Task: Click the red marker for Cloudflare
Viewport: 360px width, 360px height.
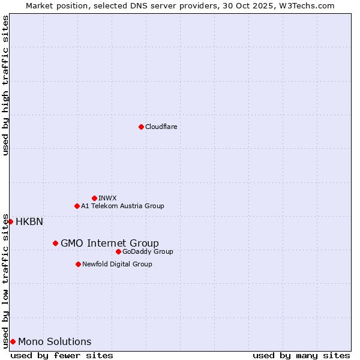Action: tap(141, 127)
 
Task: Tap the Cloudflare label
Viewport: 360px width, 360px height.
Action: tap(161, 127)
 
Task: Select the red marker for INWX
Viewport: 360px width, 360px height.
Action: tap(94, 198)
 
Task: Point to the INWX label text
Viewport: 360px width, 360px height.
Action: tap(107, 198)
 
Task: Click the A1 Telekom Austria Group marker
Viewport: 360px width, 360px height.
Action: tap(77, 206)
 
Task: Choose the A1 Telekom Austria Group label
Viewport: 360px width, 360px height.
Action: tap(122, 206)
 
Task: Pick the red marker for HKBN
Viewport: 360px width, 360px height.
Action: tap(10, 221)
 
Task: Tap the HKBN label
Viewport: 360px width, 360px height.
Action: tap(29, 221)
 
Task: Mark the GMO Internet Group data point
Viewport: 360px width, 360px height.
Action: tap(55, 243)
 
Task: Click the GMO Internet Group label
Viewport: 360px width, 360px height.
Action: tap(110, 243)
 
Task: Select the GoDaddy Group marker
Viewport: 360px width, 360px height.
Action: tap(118, 251)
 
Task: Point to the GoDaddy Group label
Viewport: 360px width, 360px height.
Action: tap(148, 251)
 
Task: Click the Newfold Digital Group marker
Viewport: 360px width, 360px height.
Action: tap(78, 264)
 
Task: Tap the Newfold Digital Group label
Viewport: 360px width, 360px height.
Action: tap(117, 264)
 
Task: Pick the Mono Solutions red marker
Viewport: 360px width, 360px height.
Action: tap(13, 341)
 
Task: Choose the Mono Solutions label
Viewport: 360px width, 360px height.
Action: tap(55, 341)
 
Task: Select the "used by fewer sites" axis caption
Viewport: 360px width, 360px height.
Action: tap(62, 355)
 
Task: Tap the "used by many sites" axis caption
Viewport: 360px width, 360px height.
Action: tap(301, 355)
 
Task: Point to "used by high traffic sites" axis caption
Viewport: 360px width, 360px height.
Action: tap(5, 85)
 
